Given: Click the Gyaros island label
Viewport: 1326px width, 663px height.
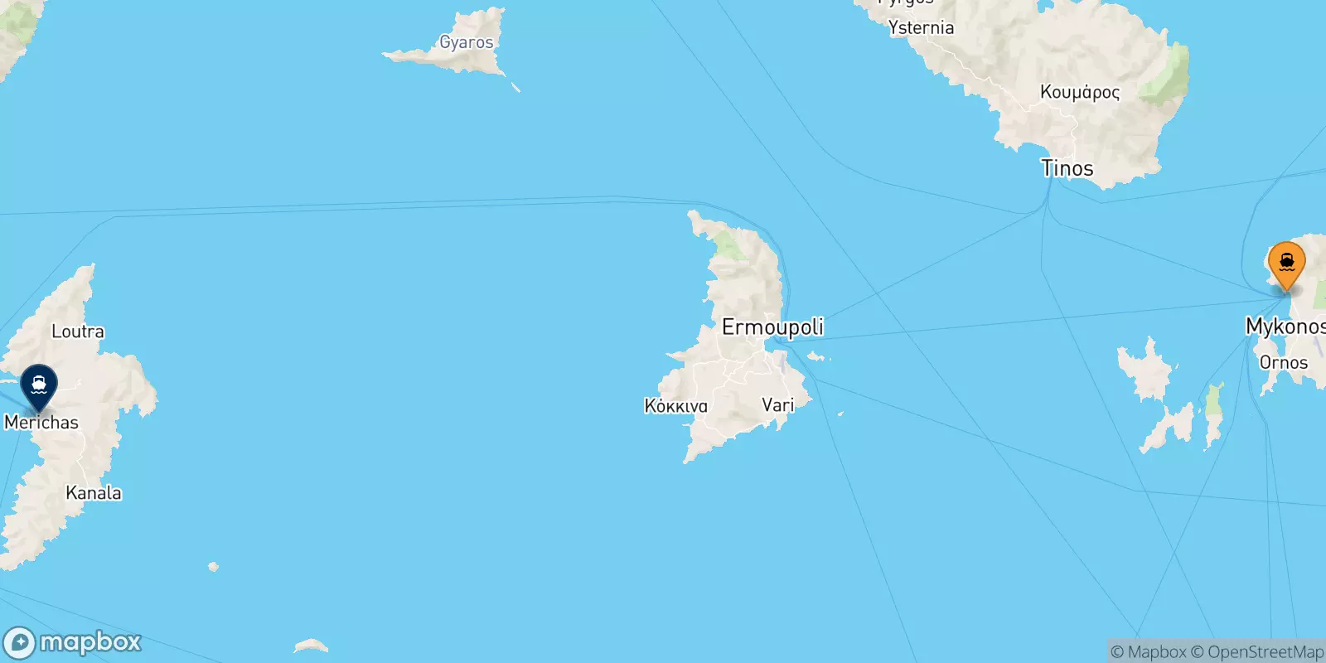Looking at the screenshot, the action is coord(466,42).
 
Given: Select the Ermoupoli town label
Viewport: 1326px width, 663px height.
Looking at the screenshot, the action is coord(772,327).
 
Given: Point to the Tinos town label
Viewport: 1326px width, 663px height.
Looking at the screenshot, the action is coord(1067,168).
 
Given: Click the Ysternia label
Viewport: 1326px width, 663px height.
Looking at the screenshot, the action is coord(921,28).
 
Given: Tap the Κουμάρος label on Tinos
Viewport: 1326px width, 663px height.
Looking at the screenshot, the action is coord(1079,92).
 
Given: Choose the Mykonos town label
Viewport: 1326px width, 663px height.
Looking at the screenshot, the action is coord(1285,326).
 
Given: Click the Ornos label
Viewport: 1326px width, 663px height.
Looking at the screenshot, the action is coord(1283,362).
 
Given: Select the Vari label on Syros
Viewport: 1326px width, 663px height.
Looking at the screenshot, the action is coord(777,405).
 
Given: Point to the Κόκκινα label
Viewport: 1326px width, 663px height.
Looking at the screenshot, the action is coord(675,406).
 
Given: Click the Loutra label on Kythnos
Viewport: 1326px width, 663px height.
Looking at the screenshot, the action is coord(78,331).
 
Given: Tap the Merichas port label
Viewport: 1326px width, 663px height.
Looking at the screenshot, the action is coord(41,423).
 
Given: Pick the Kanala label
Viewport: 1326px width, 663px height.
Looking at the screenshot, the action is coord(94,493).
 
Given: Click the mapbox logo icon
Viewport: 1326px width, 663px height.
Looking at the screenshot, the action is coord(20,643).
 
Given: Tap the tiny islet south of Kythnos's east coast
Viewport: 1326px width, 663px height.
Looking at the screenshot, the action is coord(214,567).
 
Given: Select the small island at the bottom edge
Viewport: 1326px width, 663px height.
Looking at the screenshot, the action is coord(311,646).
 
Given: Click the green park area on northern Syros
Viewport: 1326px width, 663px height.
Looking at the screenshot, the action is coord(729,244).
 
